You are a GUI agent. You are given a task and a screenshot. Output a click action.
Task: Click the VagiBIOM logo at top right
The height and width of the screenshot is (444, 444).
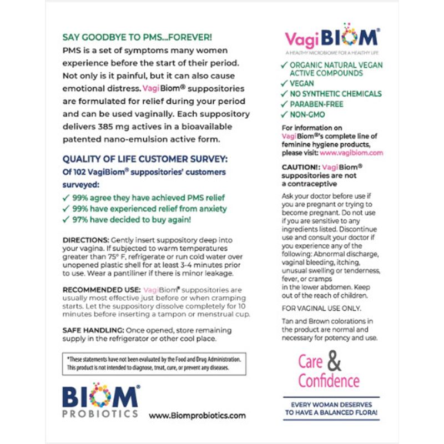332,37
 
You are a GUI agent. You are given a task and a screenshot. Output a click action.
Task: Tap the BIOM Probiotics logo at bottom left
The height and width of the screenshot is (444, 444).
100,400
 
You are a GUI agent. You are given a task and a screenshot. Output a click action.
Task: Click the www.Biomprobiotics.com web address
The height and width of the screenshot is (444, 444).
197,415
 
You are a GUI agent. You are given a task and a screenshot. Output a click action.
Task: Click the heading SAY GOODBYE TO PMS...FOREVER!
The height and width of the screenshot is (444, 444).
137,37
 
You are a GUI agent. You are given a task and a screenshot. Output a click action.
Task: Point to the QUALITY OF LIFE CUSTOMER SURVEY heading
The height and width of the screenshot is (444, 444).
145,159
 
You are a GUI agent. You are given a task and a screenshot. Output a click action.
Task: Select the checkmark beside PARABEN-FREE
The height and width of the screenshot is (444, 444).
284,104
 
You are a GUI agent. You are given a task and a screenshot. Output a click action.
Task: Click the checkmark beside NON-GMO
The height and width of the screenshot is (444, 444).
284,114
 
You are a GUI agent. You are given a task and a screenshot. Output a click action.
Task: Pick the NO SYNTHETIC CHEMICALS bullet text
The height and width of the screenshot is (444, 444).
335,94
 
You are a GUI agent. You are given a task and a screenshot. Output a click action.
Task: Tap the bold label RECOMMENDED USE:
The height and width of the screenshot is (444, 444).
101,290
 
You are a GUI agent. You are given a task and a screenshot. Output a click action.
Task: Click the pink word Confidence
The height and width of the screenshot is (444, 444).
329,381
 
